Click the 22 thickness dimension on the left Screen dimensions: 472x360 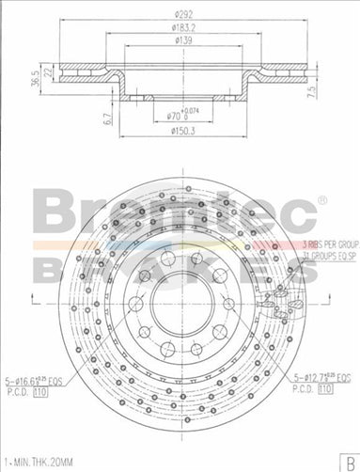tap(48, 74)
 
